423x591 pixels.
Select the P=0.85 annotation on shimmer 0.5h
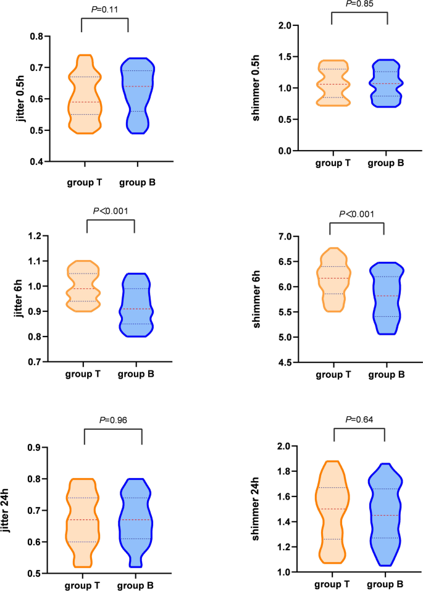point(359,4)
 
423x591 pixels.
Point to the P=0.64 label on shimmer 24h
point(359,420)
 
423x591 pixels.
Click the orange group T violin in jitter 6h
point(86,286)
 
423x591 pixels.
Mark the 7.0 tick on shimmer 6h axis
point(285,237)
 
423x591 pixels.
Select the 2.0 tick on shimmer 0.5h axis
point(284,26)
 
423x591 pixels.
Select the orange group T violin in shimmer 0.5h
point(333,83)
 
